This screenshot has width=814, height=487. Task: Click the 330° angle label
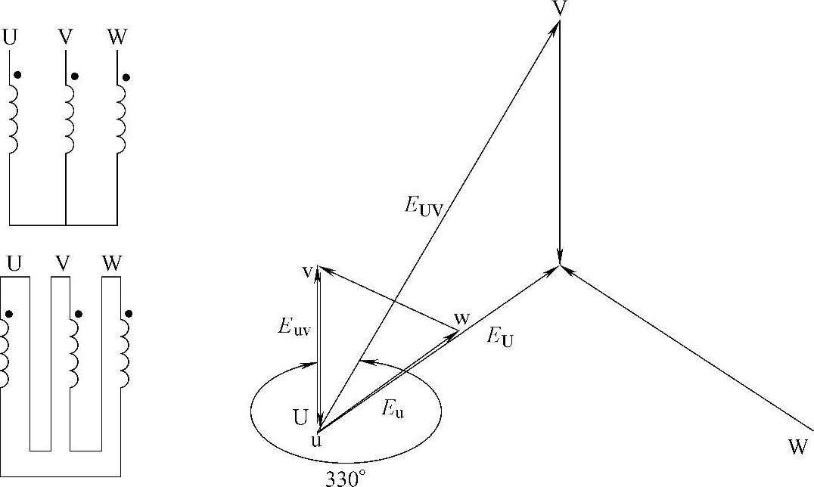tap(346, 479)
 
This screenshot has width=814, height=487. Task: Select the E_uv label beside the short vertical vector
tap(293, 327)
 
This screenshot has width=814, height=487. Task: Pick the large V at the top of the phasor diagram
tap(560, 8)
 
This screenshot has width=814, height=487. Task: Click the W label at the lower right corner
tap(797, 448)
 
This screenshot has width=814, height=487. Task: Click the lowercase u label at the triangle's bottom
tap(317, 440)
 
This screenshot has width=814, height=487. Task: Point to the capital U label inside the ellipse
tap(300, 416)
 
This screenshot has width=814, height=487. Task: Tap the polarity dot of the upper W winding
tap(126, 76)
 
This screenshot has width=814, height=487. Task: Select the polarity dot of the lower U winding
tap(8, 314)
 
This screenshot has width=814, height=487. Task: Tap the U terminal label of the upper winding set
tap(10, 36)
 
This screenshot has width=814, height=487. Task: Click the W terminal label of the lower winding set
tap(112, 264)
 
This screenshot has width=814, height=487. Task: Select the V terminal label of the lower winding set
tap(63, 264)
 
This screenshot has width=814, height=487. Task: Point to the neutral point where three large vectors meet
tap(560, 265)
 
